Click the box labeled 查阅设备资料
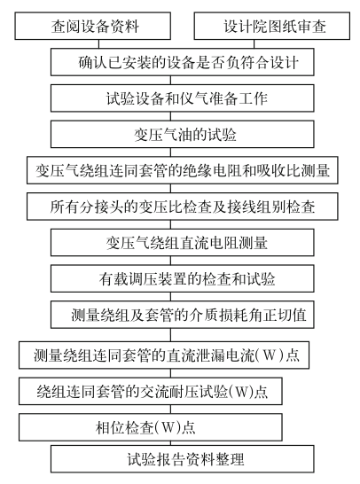[92, 26]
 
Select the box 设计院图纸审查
[272, 26]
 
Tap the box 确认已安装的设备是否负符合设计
[183, 62]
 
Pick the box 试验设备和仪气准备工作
[183, 98]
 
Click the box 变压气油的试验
[183, 134]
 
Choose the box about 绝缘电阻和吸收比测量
[183, 170]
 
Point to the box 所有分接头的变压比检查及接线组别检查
[183, 207]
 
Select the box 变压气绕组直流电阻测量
[183, 243]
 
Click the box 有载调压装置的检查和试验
[183, 278]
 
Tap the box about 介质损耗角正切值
[183, 315]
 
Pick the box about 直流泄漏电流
[164, 355]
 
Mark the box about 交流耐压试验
[151, 392]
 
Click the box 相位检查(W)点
[151, 427]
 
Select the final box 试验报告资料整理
[183, 459]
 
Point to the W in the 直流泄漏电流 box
[270, 355]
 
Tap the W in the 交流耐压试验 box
[241, 392]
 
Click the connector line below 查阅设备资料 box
[98, 43]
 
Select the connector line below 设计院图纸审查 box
[254, 43]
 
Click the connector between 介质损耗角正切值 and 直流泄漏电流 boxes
[170, 335]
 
